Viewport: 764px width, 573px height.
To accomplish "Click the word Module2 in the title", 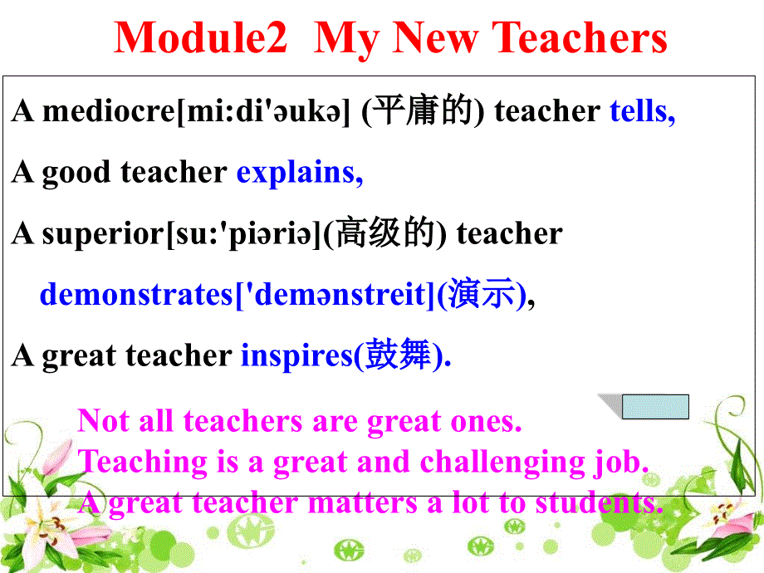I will point(200,38).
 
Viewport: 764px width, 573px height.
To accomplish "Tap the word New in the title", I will point(433,38).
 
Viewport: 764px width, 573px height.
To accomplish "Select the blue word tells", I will point(642,111).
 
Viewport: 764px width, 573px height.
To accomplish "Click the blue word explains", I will point(299,173).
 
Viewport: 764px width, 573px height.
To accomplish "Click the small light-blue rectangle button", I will point(655,407).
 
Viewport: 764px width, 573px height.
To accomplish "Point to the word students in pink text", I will point(598,502).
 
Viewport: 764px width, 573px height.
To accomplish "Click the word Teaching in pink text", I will point(144,462).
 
